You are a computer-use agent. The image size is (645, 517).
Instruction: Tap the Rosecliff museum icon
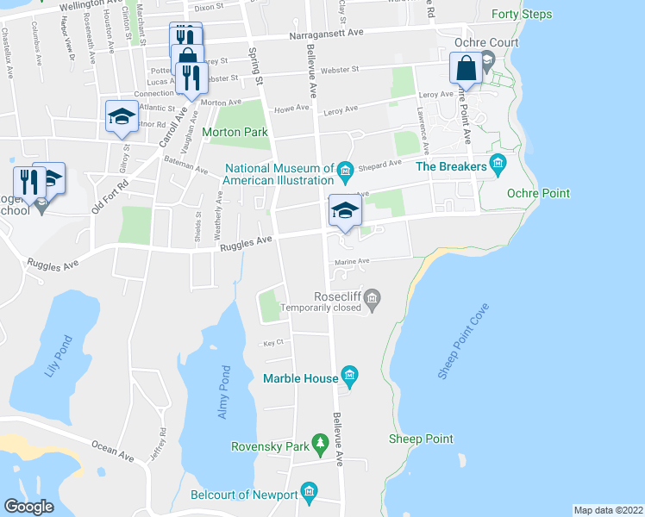pos(373,299)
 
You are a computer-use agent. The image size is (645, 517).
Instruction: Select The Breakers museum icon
pos(497,163)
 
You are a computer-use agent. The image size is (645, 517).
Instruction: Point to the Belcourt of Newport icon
pos(310,494)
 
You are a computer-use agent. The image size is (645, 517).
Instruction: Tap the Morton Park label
pos(235,132)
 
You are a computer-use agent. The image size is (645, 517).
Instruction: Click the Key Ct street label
pos(273,342)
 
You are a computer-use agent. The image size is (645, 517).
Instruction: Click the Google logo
pos(28,507)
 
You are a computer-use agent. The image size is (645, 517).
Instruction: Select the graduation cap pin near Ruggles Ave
pos(344,209)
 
